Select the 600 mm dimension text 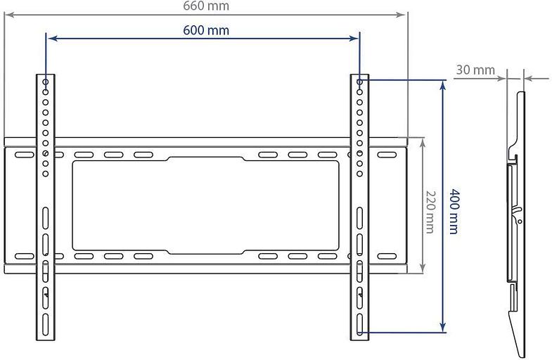[x=206, y=30]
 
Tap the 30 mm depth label [x=475, y=70]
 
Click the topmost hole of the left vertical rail [x=46, y=83]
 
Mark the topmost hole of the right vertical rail [x=360, y=83]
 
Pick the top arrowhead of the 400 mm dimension [x=442, y=84]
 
